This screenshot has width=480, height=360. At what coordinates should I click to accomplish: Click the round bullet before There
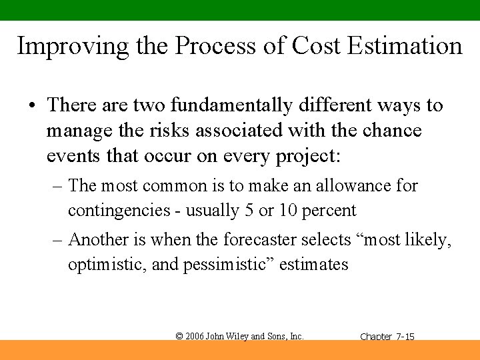(31, 106)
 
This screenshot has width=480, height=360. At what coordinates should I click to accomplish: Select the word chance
(392, 131)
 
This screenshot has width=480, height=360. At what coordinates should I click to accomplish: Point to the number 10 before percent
(289, 211)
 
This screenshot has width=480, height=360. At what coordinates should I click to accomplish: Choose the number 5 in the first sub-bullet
(249, 211)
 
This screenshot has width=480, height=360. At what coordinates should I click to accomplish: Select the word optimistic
(107, 265)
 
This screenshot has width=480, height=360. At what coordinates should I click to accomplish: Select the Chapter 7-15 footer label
(387, 337)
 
